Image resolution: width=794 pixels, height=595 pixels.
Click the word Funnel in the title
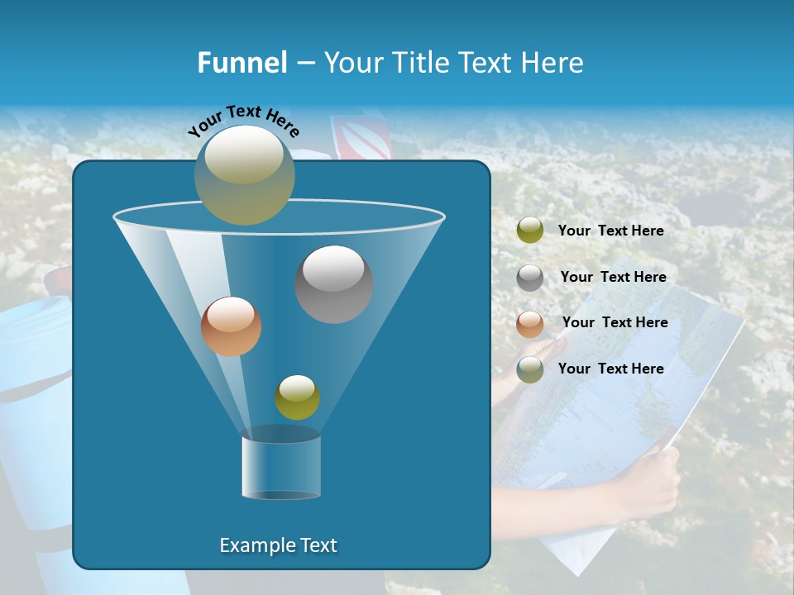pos(242,63)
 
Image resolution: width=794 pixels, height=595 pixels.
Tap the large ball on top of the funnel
pos(245,174)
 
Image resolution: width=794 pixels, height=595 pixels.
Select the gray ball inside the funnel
pos(333,284)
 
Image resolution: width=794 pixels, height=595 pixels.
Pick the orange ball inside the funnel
pos(231,326)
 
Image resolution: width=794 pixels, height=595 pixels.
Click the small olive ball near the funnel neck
pos(297,397)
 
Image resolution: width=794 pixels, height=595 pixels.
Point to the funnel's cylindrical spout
pos(281,468)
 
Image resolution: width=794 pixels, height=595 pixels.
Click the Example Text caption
pos(278,545)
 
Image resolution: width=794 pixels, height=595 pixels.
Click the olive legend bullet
pos(530,231)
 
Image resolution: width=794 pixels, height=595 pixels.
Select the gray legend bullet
pos(530,278)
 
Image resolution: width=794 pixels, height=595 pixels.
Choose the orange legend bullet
pos(530,324)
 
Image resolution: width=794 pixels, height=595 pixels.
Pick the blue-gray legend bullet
pos(530,369)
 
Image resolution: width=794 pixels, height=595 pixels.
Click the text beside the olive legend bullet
pos(610,231)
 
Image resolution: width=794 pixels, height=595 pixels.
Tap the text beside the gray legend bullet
pos(613,278)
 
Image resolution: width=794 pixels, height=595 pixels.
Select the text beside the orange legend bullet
pos(615,323)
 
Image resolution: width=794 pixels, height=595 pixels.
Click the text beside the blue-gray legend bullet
pos(610,369)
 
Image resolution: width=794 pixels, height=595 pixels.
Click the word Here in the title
pos(552,63)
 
